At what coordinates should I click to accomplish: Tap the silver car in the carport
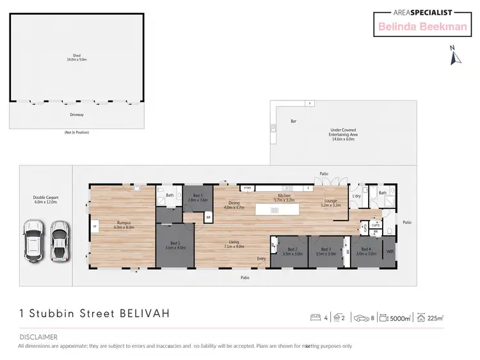click(60, 242)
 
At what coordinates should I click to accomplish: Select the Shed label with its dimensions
click(76, 57)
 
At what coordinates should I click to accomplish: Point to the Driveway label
click(77, 115)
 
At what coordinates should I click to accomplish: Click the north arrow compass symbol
click(455, 56)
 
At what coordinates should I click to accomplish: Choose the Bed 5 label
click(197, 198)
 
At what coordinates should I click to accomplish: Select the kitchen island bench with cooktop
click(274, 210)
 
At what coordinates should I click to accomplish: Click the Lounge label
click(330, 203)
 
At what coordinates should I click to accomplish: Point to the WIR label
click(390, 251)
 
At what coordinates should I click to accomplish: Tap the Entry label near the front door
click(262, 258)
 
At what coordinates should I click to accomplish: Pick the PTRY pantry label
click(247, 187)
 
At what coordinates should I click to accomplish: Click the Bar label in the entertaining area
click(294, 120)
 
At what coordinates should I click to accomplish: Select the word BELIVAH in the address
click(145, 314)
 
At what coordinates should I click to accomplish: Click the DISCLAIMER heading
click(38, 337)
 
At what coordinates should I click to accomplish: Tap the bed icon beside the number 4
click(315, 318)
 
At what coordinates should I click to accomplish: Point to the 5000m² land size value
click(401, 318)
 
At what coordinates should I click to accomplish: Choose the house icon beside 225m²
click(422, 318)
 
